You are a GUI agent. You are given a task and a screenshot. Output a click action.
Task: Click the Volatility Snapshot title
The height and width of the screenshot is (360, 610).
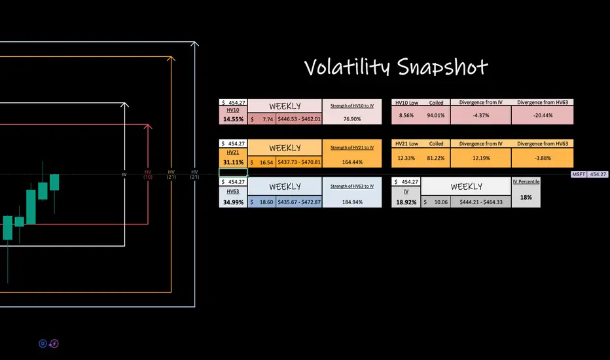(397, 67)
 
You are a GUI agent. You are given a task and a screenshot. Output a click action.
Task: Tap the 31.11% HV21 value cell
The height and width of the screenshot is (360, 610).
(233, 162)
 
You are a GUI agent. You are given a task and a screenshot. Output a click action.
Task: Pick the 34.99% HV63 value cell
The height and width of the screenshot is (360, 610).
(233, 202)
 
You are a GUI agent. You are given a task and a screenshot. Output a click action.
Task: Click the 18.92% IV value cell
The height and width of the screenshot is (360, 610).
(406, 202)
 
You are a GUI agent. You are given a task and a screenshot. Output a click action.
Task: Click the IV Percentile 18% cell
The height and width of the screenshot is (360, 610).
(526, 196)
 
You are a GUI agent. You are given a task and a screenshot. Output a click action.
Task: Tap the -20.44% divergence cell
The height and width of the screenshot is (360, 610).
(543, 115)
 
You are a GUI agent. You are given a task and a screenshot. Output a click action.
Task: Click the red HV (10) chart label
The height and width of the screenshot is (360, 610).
(148, 175)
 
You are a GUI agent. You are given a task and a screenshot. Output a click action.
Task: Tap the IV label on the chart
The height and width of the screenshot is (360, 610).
(124, 175)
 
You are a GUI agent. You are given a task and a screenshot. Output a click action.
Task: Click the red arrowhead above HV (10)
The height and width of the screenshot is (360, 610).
(149, 126)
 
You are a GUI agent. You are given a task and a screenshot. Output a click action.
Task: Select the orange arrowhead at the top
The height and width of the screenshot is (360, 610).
(171, 60)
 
